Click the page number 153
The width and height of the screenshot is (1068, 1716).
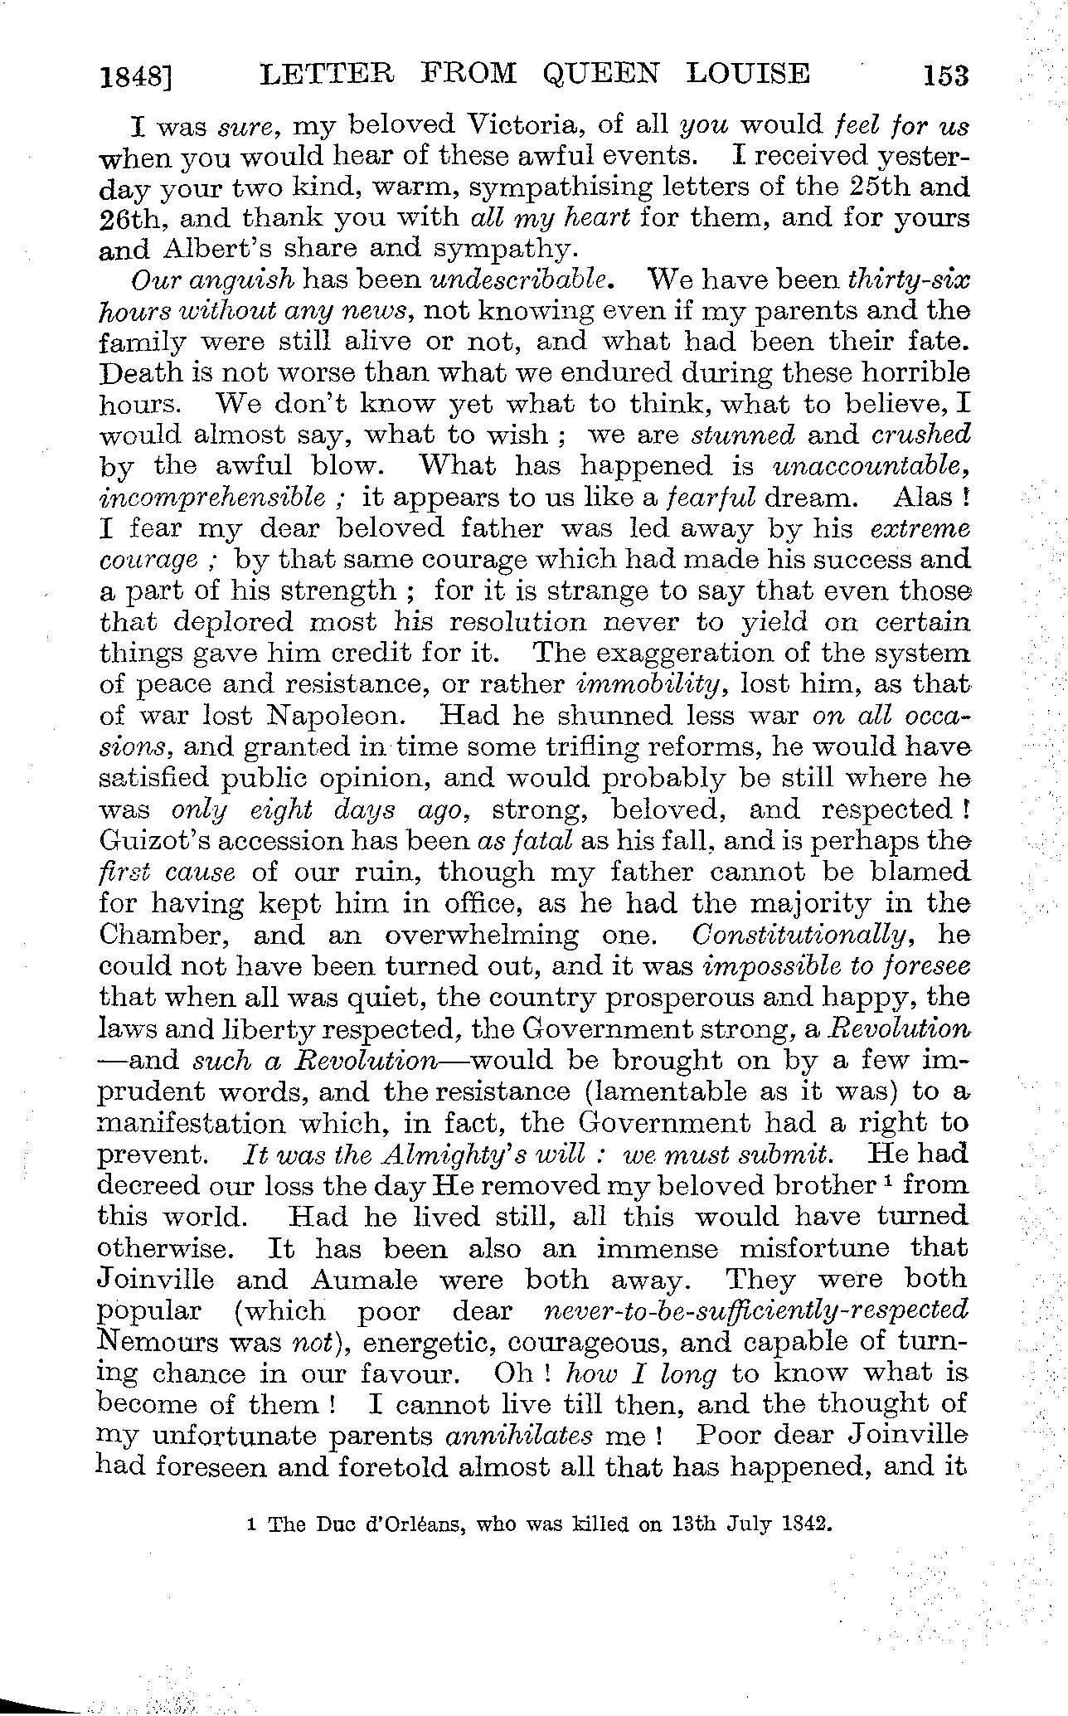click(944, 76)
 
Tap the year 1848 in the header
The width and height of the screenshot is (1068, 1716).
click(133, 78)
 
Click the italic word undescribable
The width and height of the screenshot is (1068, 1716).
click(522, 280)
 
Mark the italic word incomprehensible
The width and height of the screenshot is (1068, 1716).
click(212, 498)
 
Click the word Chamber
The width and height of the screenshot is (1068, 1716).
click(163, 935)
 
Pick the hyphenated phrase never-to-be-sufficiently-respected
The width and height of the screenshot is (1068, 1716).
click(754, 1311)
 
